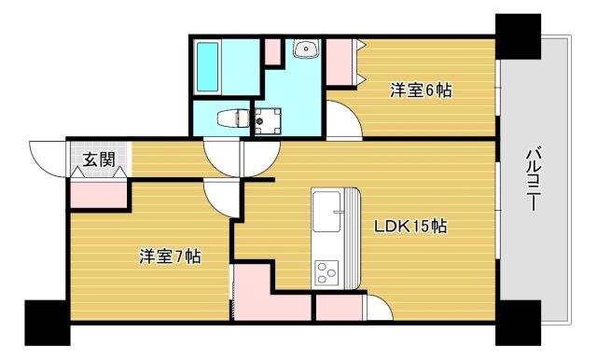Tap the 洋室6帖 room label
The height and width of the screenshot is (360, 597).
(x=422, y=90)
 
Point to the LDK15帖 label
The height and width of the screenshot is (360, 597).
(x=410, y=226)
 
